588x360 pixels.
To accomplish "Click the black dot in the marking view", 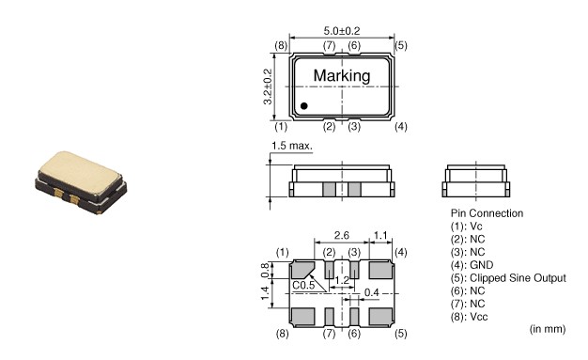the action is (304, 106).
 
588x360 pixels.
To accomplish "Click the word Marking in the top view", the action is (342, 76).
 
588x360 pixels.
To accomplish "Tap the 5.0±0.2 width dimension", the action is (342, 30).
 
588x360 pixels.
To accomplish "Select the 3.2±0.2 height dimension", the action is (268, 86).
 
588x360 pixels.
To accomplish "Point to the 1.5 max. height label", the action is (292, 146).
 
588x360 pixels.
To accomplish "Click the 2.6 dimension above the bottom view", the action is (342, 235).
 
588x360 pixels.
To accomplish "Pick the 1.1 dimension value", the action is (380, 235).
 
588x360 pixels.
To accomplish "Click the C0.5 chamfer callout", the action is (303, 286).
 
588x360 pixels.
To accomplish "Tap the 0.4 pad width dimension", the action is (371, 292).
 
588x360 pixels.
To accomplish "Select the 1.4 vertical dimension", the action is (265, 293).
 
